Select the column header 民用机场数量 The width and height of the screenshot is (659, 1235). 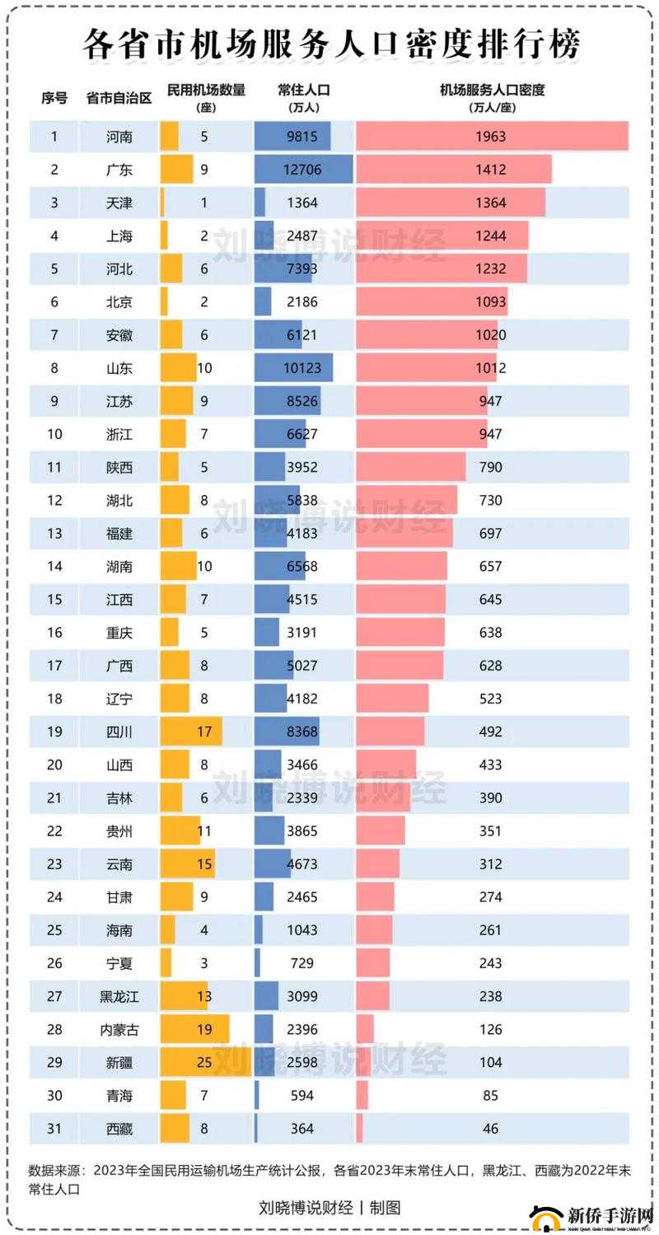pos(206,91)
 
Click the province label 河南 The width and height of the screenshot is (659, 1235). pos(119,137)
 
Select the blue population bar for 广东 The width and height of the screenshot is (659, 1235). pos(303,170)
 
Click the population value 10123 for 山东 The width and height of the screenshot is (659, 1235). pos(302,368)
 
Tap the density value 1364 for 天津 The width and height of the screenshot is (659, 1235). pos(490,203)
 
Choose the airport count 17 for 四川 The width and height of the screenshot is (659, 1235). pos(204,732)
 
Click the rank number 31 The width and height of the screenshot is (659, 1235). pos(54,1129)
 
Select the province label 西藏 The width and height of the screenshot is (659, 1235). pos(119,1129)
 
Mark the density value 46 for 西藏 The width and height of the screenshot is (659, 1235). pos(490,1129)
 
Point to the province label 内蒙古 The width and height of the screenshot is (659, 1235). pos(119,1029)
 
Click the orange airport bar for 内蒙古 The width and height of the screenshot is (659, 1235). pos(194,1029)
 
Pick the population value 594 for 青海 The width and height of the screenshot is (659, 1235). pos(302,1096)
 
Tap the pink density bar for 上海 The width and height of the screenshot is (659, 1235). pos(442,236)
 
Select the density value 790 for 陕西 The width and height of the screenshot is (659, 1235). pos(490,467)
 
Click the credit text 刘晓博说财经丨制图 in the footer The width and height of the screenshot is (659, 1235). pos(329,1208)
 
